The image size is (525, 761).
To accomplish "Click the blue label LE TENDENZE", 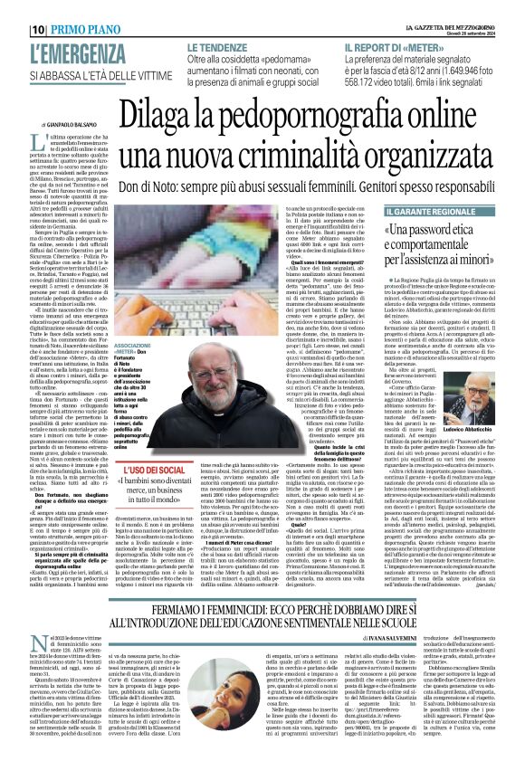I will [x=218, y=45].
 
